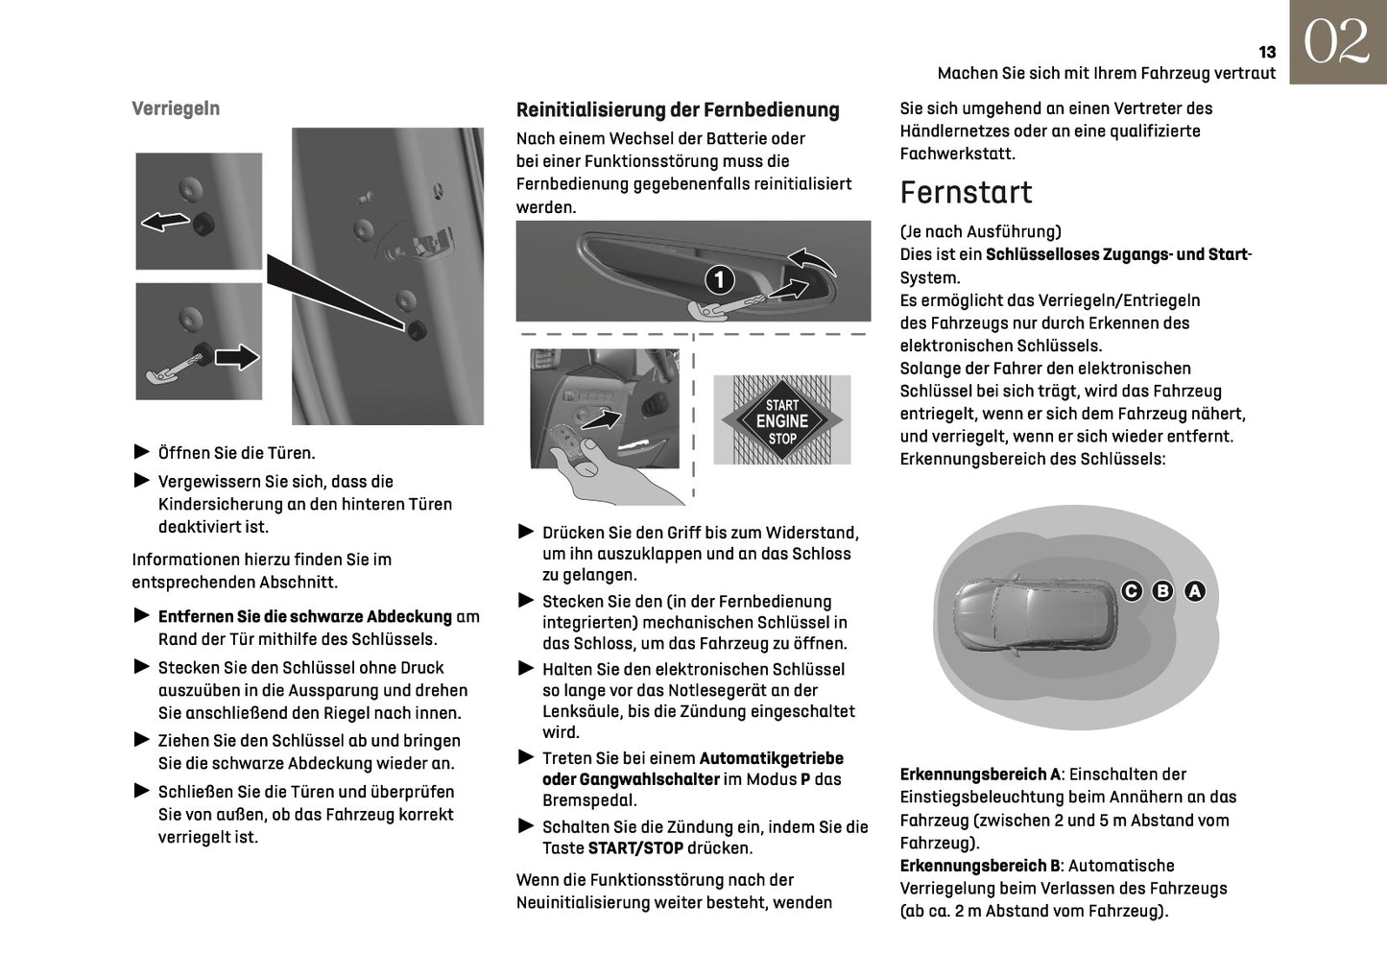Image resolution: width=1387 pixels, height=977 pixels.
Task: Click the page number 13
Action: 1267,53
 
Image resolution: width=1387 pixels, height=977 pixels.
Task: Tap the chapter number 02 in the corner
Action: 1337,42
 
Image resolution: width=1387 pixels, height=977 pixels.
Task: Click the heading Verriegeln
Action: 176,108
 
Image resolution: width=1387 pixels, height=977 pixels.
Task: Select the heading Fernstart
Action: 966,193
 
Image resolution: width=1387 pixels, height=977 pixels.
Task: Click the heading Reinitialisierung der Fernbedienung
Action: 678,110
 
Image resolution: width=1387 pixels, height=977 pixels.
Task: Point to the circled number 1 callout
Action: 720,280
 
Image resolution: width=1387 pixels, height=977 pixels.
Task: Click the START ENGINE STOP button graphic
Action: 782,421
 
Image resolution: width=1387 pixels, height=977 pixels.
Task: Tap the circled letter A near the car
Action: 1194,591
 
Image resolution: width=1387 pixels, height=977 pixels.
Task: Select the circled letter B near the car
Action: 1162,591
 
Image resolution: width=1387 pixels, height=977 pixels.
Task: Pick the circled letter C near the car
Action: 1132,591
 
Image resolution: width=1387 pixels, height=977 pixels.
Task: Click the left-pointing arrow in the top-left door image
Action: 165,222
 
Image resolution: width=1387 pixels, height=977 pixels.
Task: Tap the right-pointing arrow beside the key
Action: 237,357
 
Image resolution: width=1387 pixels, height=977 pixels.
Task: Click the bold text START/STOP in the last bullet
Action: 635,848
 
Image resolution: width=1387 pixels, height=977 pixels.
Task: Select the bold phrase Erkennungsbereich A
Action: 980,774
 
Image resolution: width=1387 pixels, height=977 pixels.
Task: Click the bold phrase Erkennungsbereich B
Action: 980,866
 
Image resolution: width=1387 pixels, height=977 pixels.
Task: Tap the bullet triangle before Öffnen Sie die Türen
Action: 142,452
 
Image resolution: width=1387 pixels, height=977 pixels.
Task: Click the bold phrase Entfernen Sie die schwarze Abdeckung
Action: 304,617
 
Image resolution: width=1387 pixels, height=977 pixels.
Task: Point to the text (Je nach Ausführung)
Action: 980,232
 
